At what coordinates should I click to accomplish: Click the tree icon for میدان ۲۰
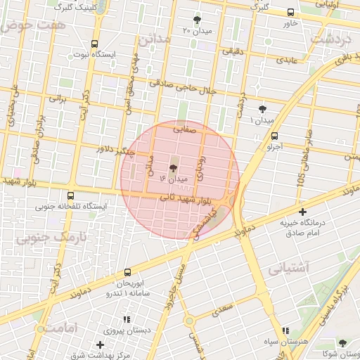point(196,20)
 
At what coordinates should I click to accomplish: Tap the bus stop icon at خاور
point(290,13)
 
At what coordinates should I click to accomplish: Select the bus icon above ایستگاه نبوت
point(95,44)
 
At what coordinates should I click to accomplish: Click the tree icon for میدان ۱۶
point(174,167)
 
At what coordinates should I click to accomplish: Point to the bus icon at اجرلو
point(274,136)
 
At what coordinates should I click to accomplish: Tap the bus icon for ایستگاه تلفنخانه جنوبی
point(70,196)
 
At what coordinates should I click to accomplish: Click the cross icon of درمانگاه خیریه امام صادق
point(302,212)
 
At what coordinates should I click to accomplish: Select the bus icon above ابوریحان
point(127,272)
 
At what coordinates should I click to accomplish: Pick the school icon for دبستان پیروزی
point(126,319)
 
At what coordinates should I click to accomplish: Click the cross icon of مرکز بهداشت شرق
point(101,345)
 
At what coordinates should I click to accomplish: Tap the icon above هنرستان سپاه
point(285,330)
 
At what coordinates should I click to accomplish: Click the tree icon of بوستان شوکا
point(342,343)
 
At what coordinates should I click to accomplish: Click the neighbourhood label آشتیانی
point(288,268)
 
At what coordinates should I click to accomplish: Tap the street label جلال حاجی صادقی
point(179,86)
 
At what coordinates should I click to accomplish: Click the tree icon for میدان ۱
point(263,108)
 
